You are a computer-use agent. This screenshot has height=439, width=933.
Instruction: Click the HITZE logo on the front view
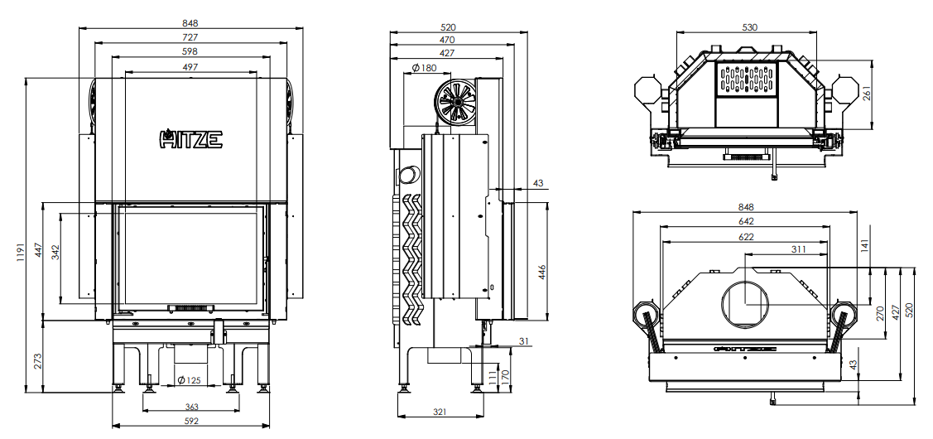[190, 139]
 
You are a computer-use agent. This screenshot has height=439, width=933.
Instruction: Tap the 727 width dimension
[190, 37]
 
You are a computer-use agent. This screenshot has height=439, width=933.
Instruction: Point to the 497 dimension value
[190, 67]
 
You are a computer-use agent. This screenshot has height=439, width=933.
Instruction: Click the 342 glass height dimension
[55, 253]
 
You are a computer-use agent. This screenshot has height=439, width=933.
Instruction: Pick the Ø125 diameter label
[190, 380]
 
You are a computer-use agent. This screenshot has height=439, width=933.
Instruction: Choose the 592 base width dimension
[191, 421]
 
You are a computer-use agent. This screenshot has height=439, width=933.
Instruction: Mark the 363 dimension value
[191, 407]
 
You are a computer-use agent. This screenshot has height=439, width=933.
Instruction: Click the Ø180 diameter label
[424, 67]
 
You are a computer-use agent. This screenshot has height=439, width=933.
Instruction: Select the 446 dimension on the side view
[541, 272]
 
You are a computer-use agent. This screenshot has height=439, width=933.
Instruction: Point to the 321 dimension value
[440, 412]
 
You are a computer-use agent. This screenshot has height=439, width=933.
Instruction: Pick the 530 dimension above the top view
[750, 27]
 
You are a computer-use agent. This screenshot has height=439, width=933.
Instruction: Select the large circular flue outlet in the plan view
[745, 303]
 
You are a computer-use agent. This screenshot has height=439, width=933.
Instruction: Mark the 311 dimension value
[798, 249]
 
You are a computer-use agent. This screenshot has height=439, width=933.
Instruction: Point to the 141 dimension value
[864, 245]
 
